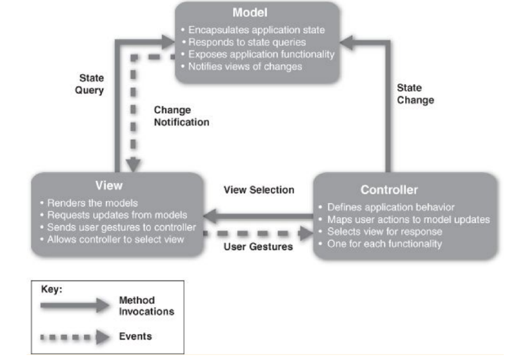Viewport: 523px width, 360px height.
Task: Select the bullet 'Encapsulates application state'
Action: click(x=258, y=29)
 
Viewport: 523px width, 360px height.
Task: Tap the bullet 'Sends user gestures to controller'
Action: click(x=117, y=227)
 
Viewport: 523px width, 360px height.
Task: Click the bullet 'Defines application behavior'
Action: click(x=391, y=207)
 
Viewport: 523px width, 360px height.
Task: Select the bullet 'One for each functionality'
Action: click(x=385, y=244)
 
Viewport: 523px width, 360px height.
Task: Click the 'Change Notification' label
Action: click(x=181, y=116)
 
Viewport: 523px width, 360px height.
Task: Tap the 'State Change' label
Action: click(x=415, y=93)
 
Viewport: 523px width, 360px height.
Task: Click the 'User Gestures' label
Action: click(x=258, y=246)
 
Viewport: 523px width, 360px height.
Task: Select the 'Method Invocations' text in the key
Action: click(x=146, y=306)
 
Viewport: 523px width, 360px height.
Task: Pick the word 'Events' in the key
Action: click(x=135, y=336)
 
